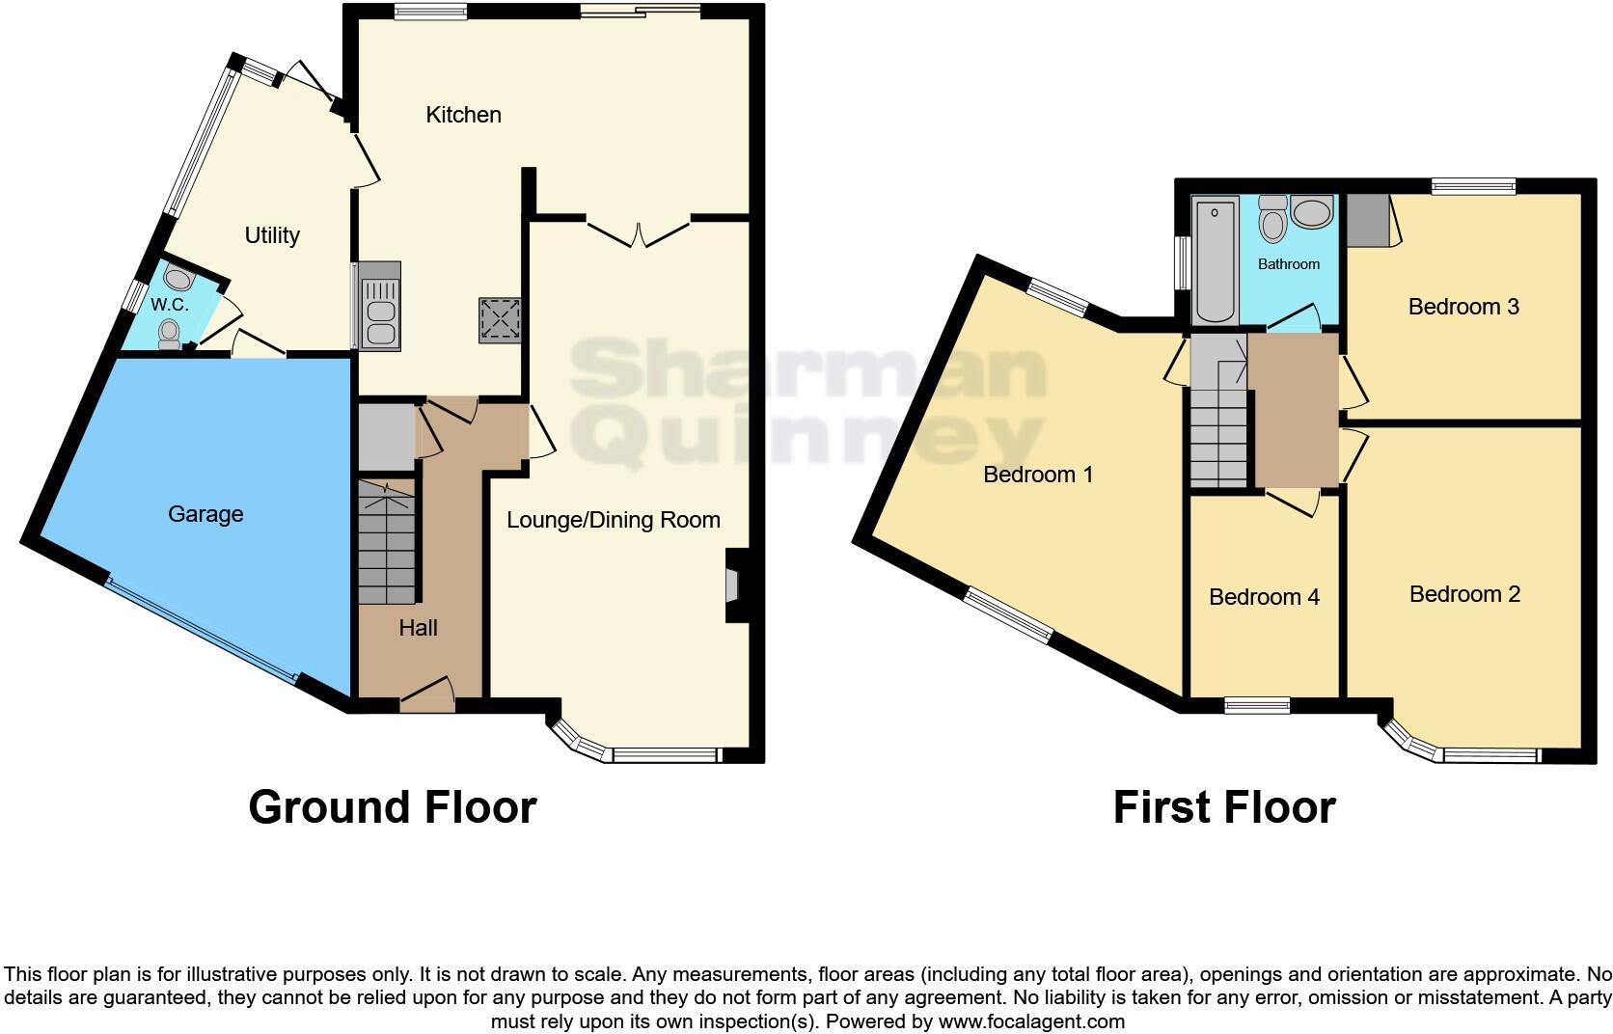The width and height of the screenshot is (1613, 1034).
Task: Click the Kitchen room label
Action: tap(463, 115)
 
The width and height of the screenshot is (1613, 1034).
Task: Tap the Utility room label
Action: tap(272, 235)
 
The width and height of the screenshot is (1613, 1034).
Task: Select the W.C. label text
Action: tap(169, 305)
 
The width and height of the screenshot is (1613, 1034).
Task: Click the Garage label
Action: tap(205, 514)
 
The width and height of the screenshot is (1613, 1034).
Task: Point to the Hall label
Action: tap(418, 628)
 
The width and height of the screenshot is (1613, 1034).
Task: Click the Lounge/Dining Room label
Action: tap(614, 521)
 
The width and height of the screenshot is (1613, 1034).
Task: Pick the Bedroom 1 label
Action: tap(1038, 475)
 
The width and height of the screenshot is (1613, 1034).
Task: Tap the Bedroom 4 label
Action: tap(1264, 597)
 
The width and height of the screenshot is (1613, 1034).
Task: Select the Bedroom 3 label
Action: tap(1463, 307)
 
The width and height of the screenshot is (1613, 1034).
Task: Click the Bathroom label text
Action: tap(1289, 264)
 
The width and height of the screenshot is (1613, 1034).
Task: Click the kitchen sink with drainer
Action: tap(379, 305)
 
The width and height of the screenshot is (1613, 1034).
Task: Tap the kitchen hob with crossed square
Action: tap(500, 320)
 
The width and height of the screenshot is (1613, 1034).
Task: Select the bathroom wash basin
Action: tap(1311, 212)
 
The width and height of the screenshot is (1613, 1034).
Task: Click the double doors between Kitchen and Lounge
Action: tap(639, 232)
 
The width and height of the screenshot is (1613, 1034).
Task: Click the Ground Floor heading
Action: tap(392, 807)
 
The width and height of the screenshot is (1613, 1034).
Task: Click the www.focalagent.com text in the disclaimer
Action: tap(1030, 1021)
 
